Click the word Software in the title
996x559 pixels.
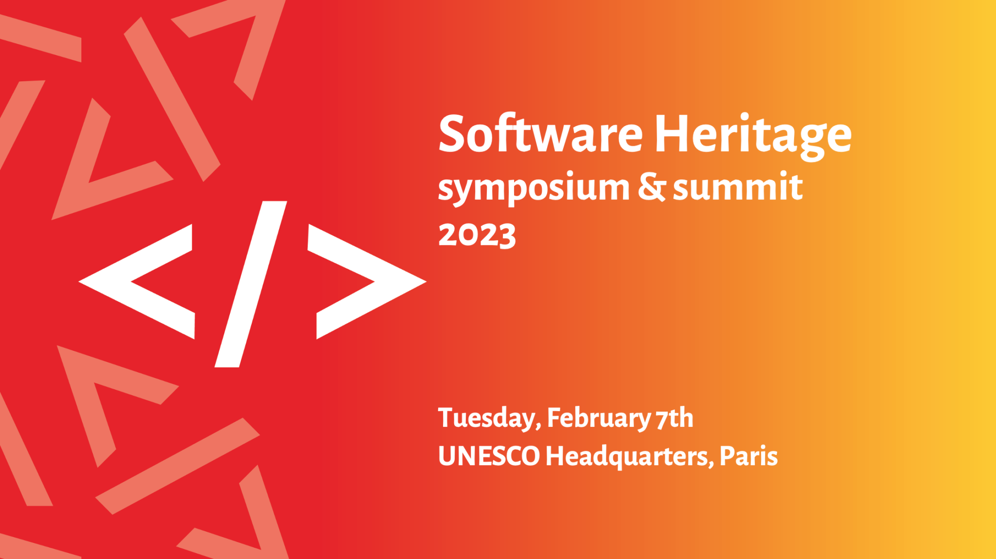pos(540,134)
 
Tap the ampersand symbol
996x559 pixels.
pos(651,187)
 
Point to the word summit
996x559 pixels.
pos(737,188)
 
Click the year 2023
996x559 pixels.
pos(477,235)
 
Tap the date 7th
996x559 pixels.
pos(675,418)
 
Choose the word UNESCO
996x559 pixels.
pos(489,456)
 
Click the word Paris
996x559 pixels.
pos(748,456)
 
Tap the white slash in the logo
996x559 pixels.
pos(251,284)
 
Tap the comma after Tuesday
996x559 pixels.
pos(538,427)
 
